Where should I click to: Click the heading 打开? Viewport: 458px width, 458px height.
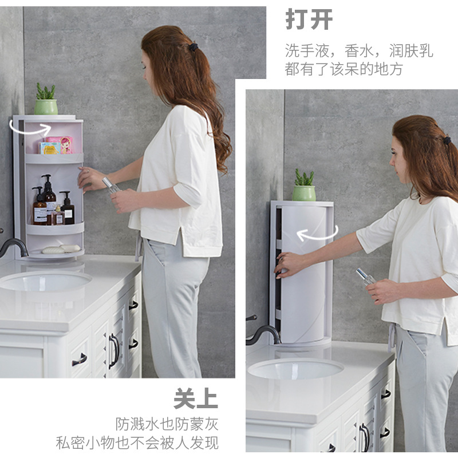click(x=309, y=19)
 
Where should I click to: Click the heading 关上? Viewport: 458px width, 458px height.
click(x=196, y=399)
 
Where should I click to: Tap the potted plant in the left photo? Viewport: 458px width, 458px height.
click(x=46, y=100)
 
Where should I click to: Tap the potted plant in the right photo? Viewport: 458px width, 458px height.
click(x=304, y=185)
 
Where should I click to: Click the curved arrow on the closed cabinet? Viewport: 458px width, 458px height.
click(x=317, y=234)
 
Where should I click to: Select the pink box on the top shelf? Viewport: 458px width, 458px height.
click(x=59, y=145)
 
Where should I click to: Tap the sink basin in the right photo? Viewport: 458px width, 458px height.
click(x=295, y=368)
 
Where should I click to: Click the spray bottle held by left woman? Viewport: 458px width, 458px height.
click(x=110, y=185)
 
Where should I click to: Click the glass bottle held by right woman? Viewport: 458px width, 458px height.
click(x=364, y=277)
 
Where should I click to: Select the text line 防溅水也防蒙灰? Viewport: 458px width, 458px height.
click(x=167, y=424)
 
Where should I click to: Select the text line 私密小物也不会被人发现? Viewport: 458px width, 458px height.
click(x=137, y=443)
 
